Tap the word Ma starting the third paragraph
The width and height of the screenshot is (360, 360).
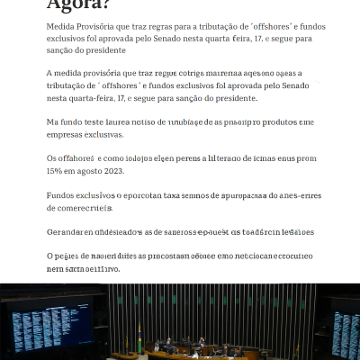click(53, 121)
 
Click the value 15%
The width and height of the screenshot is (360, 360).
click(56, 170)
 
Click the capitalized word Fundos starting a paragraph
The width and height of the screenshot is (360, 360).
click(63, 194)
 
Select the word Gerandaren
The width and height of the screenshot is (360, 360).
click(71, 231)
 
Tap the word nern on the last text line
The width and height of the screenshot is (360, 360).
click(56, 268)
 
